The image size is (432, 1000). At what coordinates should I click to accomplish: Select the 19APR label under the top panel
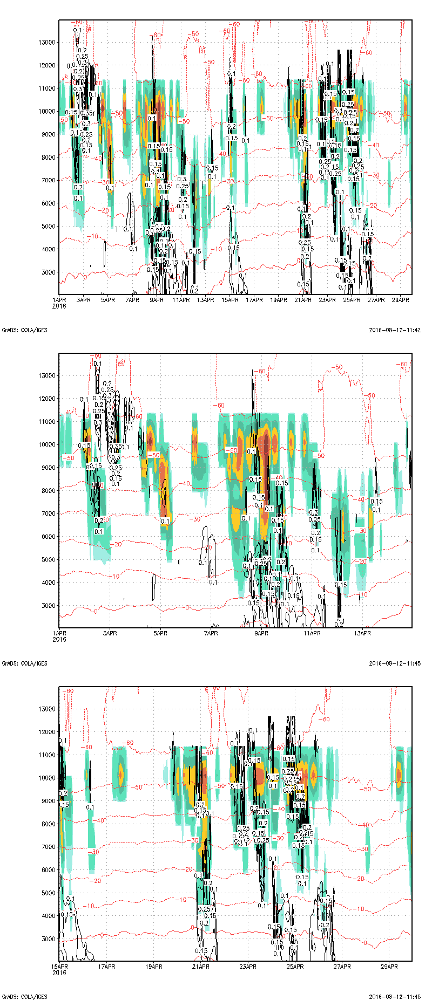point(279,300)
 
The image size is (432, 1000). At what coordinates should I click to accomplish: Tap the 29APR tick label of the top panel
point(401,300)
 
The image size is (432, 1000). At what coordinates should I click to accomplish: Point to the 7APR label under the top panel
point(132,300)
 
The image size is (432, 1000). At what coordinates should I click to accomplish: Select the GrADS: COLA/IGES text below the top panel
point(24,330)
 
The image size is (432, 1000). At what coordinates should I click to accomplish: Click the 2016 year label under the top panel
point(59,306)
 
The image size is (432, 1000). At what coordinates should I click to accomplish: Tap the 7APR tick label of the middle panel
point(211,633)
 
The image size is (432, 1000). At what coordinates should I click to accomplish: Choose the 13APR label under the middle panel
point(362,633)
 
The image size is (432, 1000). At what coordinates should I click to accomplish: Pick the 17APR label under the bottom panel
point(106,967)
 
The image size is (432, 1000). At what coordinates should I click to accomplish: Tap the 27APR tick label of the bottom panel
point(342,967)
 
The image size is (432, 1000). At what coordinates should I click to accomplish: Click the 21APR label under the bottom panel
point(201,967)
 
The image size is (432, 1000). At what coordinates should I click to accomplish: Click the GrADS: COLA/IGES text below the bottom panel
point(24,997)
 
